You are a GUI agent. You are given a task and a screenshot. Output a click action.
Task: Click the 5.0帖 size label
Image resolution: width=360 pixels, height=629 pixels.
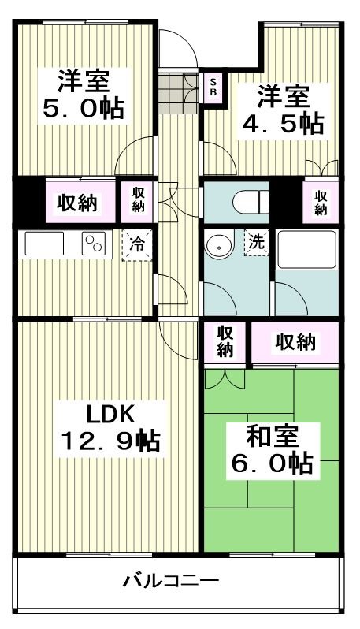[82, 108]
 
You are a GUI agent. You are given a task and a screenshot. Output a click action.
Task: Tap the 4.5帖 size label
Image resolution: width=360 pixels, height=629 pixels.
[281, 124]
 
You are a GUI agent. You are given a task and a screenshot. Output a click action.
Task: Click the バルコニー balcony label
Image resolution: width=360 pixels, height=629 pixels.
[170, 582]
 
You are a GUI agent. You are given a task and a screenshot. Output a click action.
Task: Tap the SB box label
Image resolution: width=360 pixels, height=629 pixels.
[212, 87]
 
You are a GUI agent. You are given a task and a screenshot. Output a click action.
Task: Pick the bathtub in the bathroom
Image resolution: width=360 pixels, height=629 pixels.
[306, 250]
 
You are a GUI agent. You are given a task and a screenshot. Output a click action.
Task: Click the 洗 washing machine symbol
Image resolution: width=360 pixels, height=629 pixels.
[257, 243]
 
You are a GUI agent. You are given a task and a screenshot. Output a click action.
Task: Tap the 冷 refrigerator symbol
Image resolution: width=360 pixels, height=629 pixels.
[136, 244]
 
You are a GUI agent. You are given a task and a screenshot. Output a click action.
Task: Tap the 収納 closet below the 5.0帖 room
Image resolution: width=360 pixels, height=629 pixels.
[77, 203]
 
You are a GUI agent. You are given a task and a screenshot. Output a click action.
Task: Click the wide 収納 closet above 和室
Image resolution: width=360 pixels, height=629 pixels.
[295, 342]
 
